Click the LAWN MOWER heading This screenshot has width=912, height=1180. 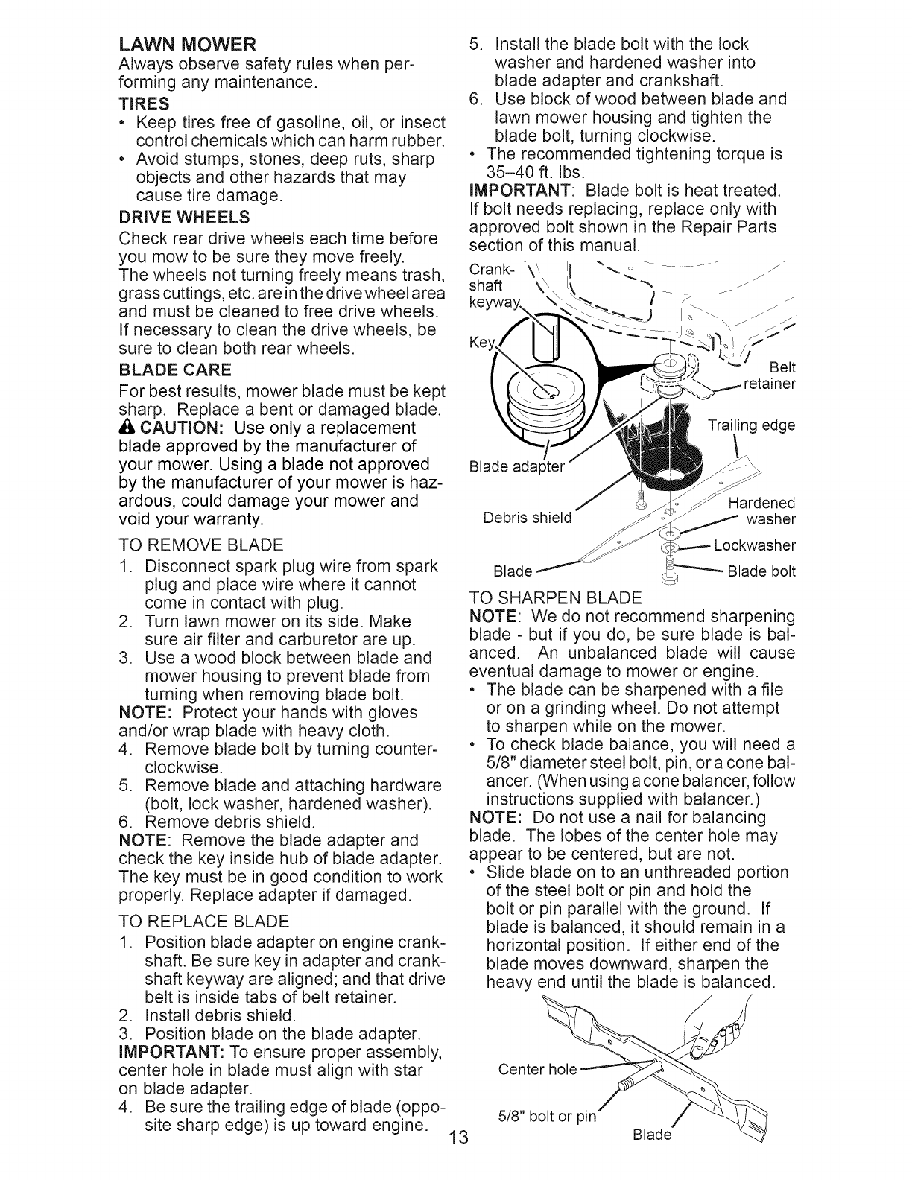click(188, 42)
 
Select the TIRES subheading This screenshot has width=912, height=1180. click(144, 102)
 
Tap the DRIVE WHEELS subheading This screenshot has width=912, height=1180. click(184, 218)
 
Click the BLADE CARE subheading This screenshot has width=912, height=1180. click(174, 369)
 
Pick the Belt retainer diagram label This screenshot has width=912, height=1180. click(771, 376)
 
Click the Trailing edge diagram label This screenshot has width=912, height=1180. click(750, 425)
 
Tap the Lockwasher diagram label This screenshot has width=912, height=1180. click(754, 545)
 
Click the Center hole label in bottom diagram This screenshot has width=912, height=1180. click(536, 1070)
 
